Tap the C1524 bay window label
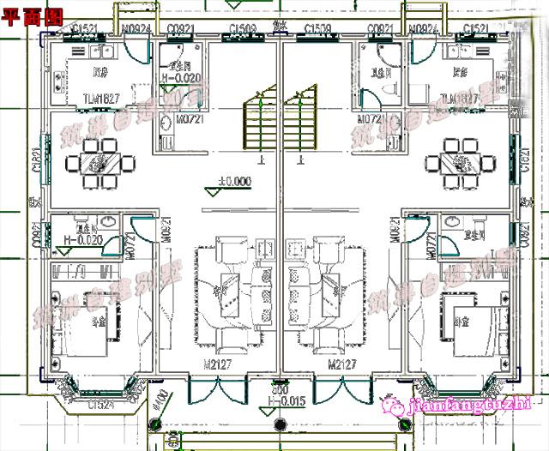click(x=100, y=404)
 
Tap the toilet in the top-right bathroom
click(x=383, y=88)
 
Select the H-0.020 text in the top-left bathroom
click(x=183, y=78)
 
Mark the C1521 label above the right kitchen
click(x=475, y=29)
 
